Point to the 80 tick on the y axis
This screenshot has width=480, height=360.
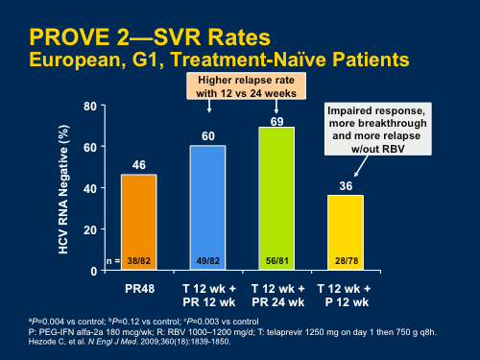click(88, 106)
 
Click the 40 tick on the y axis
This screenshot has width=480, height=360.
click(88, 188)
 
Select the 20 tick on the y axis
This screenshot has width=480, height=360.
click(88, 229)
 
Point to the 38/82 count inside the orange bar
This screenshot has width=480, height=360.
click(139, 260)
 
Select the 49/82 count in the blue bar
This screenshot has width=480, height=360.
click(207, 260)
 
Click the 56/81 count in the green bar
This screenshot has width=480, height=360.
click(276, 260)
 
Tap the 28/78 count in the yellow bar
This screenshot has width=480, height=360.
click(346, 260)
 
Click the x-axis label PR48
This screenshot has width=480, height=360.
click(138, 287)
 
